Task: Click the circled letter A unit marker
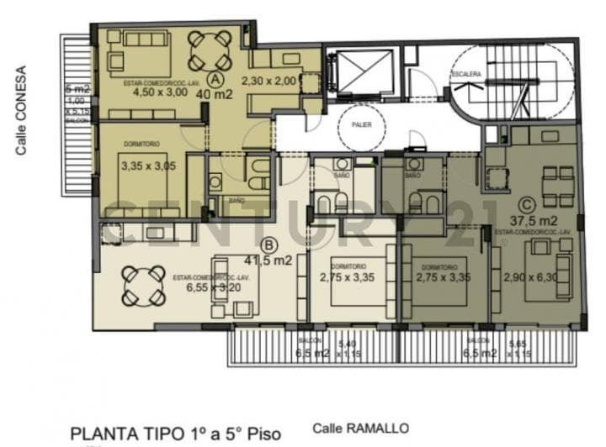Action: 215,79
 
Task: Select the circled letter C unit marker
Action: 527,203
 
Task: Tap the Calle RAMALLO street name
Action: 360,427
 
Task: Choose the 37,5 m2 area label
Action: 528,220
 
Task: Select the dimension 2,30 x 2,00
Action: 269,81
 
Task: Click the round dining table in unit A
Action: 209,50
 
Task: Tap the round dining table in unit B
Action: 143,286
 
